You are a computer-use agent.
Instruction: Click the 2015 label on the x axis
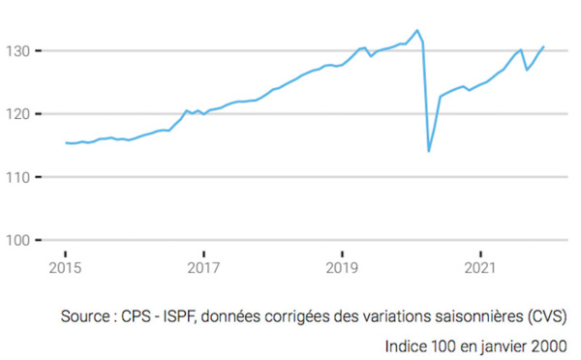[x=64, y=266]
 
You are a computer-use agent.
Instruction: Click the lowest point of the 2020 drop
[x=429, y=151]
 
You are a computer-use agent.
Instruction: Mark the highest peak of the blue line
[x=416, y=30]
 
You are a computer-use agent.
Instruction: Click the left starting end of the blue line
[x=65, y=143]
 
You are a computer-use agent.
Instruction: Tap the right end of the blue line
[x=544, y=46]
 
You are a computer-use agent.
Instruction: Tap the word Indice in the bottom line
[x=408, y=344]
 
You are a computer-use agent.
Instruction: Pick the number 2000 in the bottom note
[x=548, y=344]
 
